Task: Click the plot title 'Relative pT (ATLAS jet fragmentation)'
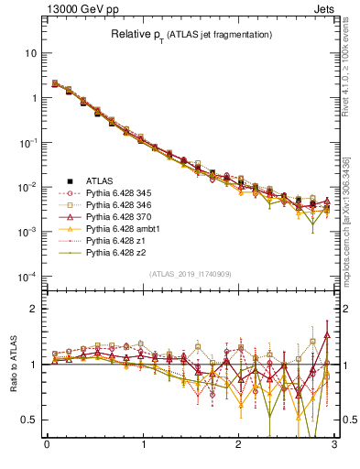[190, 35]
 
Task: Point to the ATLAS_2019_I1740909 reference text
[190, 274]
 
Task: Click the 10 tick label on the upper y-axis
[30, 53]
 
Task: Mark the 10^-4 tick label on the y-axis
[27, 277]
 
